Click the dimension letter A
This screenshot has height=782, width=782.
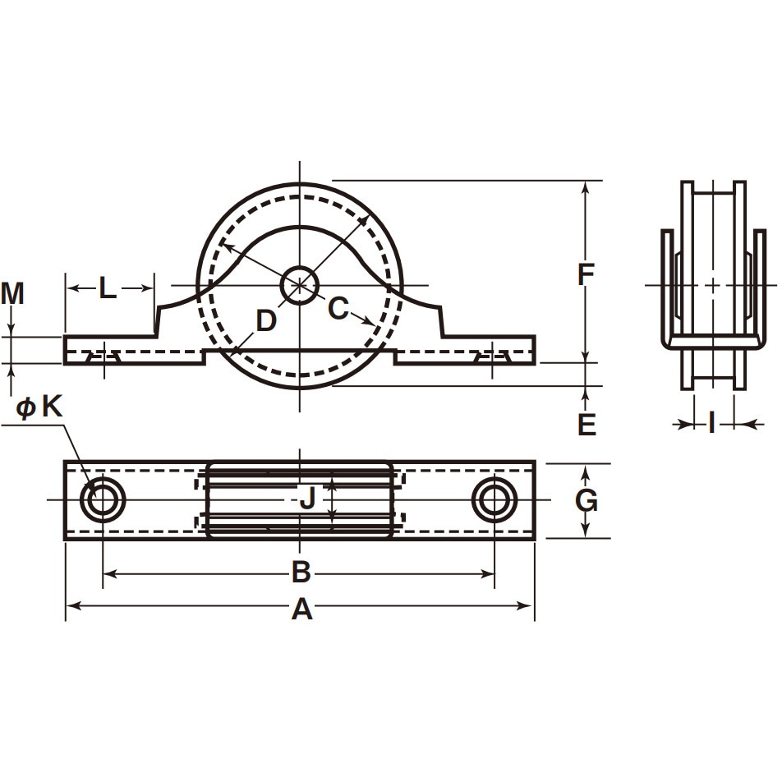click(301, 609)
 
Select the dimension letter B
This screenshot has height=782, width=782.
click(301, 572)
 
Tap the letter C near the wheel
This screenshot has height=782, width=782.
click(338, 308)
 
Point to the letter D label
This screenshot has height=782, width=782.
click(266, 320)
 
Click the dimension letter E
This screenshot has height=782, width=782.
click(586, 425)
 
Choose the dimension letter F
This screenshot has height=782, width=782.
click(586, 274)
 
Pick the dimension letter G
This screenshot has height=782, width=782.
click(586, 501)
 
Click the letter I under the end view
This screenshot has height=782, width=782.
click(712, 423)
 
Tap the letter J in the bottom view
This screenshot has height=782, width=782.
click(308, 498)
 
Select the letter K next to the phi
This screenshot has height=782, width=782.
click(52, 407)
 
